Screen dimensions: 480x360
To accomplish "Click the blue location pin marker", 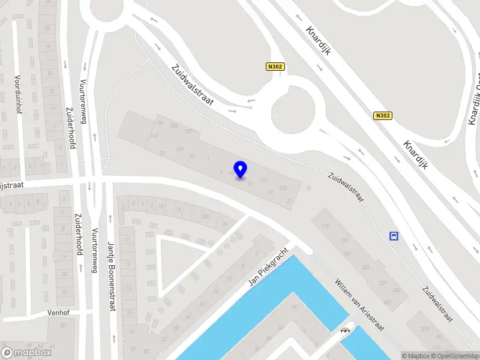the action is [x=241, y=169].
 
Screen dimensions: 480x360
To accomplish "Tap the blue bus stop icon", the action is [x=394, y=236].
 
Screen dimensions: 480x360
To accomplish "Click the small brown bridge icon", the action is [x=345, y=329].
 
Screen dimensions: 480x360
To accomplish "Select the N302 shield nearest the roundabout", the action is [x=274, y=68].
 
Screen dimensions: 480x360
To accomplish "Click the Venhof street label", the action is [x=58, y=313].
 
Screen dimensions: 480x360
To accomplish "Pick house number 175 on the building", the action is [x=326, y=226].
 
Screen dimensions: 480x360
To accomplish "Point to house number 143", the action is [x=155, y=135].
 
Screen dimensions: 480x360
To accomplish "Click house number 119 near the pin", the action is [x=265, y=179].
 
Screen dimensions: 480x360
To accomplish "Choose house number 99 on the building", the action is [x=160, y=123].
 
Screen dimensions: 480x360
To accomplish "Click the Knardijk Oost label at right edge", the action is [x=475, y=99].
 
